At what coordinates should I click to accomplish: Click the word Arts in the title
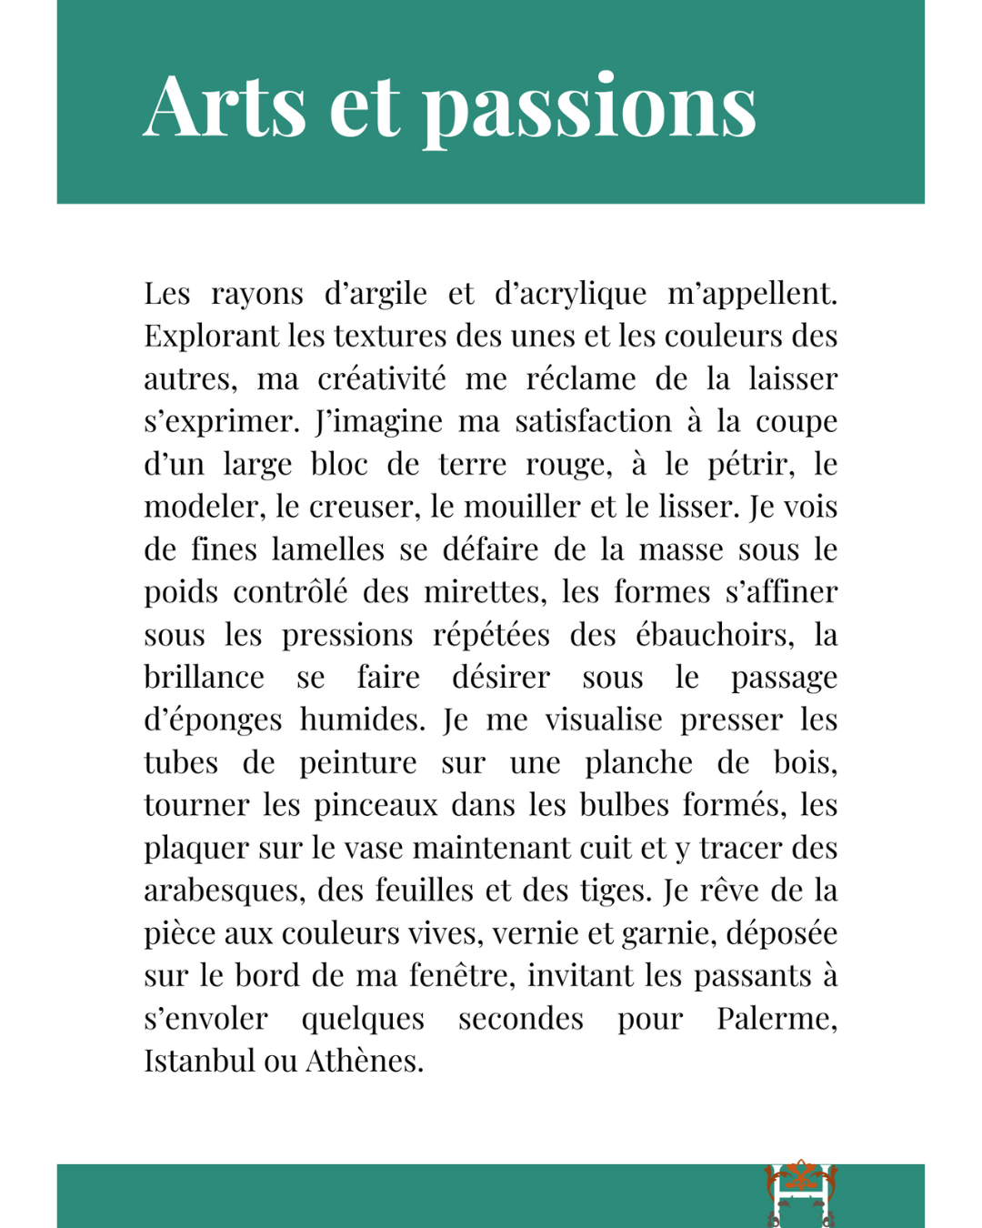pyautogui.click(x=225, y=106)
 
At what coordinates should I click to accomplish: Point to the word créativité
pyautogui.click(x=382, y=378)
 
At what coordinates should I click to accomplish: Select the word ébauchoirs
pyautogui.click(x=714, y=635)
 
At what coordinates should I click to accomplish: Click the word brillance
pyautogui.click(x=204, y=677)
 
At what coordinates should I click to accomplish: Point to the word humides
pyautogui.click(x=362, y=720)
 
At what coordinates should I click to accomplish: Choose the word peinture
pyautogui.click(x=358, y=762)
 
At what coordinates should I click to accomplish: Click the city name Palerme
pyautogui.click(x=776, y=1018)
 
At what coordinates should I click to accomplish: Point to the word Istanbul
pyautogui.click(x=199, y=1061)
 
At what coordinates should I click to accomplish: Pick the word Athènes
pyautogui.click(x=364, y=1061)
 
